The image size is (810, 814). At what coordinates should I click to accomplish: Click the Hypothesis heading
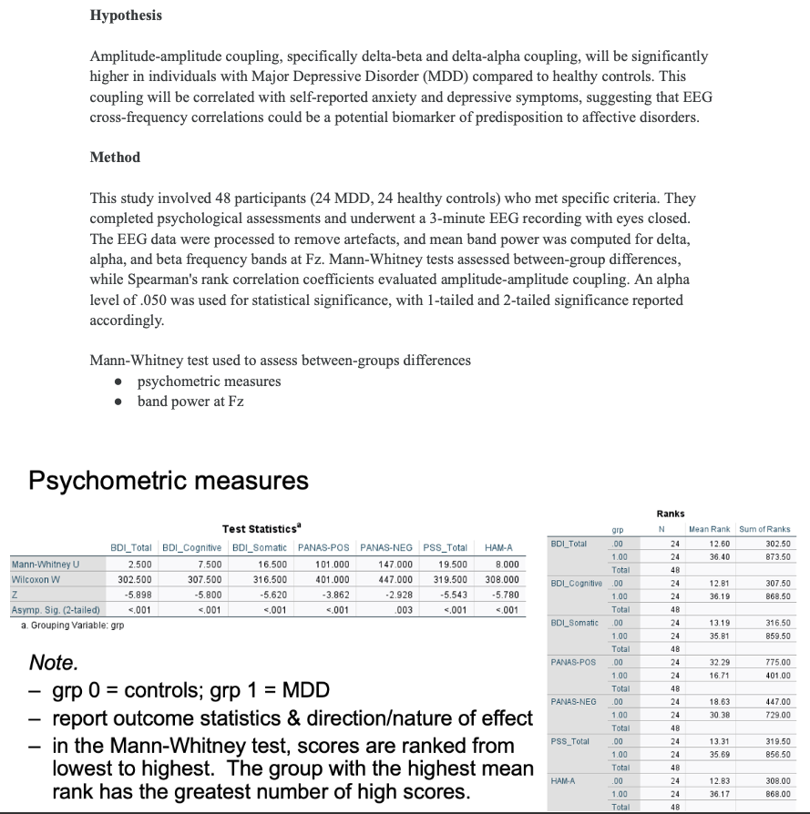coord(126,15)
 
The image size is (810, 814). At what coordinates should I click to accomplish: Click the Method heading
coord(115,158)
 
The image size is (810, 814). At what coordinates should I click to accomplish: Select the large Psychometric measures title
coord(169,480)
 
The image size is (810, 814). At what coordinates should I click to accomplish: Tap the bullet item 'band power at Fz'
coord(190,401)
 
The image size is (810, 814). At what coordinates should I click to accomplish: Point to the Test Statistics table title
coord(263,529)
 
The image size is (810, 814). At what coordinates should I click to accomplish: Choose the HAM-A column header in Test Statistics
coord(499,547)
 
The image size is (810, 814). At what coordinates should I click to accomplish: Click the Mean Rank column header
coord(712,529)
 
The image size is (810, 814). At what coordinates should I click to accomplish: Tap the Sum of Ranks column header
coord(765,529)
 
